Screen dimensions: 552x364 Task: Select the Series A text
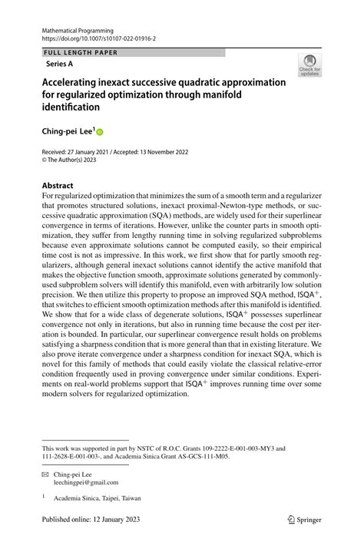[60, 64]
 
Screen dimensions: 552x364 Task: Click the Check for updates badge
[309, 65]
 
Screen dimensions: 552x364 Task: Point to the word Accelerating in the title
[76, 82]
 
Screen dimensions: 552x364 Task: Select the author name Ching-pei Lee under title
[67, 132]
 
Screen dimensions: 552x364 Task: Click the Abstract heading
[58, 186]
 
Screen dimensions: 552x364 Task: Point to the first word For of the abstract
[48, 197]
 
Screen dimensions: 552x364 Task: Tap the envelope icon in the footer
[45, 474]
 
